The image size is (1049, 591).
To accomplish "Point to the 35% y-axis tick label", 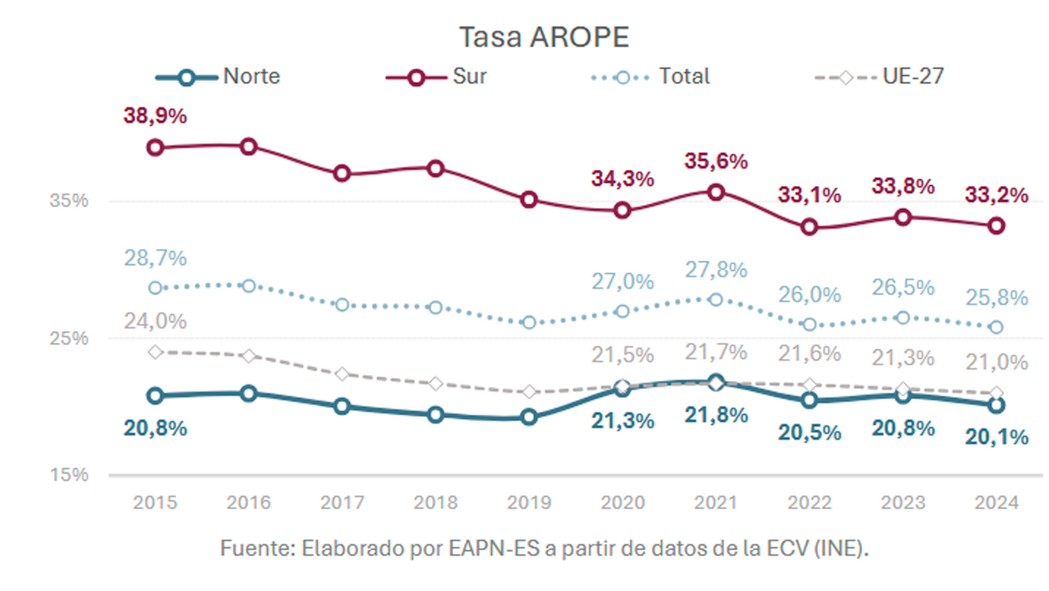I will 69,201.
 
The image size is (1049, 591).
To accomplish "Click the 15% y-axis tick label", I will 69,475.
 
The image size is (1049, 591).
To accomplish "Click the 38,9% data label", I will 155,116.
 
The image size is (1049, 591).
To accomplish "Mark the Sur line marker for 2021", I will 716,192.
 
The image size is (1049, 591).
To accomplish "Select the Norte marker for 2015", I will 155,396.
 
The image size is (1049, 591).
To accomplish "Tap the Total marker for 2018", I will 436,308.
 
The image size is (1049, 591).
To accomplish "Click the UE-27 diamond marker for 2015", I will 155,352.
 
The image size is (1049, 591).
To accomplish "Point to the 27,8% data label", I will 716,270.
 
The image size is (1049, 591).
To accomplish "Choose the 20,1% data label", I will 997,437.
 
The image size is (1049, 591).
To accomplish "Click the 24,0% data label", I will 155,321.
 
